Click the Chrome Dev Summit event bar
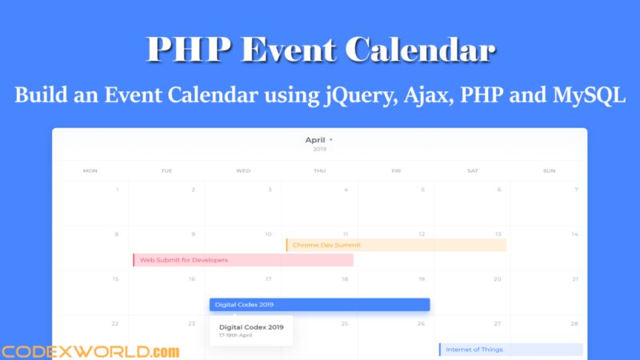[396, 245]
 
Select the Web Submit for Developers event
[242, 260]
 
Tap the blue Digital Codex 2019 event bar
[319, 305]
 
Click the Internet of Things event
[510, 350]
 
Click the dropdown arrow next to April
[331, 140]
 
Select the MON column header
[90, 170]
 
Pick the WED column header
[243, 170]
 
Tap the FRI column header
[396, 170]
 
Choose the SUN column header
[549, 170]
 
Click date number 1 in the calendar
[118, 190]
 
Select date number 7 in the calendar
[575, 190]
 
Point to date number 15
[115, 279]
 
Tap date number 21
[574, 279]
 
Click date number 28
[574, 324]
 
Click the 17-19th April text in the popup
[236, 337]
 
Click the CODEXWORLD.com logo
[90, 350]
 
